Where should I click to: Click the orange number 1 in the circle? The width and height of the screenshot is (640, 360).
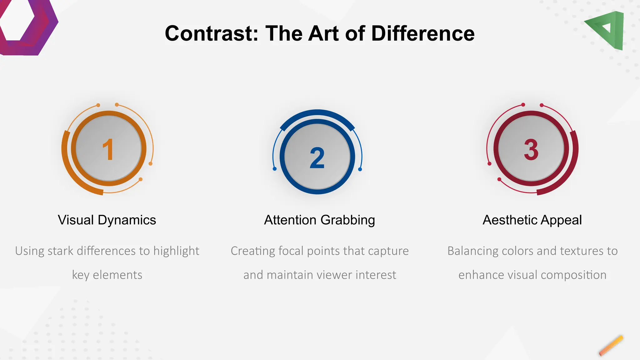pos(108,150)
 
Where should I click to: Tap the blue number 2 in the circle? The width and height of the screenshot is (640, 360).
pos(317,158)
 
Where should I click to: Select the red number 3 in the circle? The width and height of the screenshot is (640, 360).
pos(531,150)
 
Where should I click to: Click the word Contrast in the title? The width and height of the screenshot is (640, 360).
pos(212,33)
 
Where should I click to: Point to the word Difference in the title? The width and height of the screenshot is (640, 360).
pos(423,33)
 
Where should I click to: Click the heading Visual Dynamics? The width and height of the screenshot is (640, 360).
pos(107,220)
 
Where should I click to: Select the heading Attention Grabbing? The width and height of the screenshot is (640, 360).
pos(319,220)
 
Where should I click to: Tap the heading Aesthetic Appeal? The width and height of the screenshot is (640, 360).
pos(532,220)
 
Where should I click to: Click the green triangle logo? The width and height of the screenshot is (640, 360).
pos(608,30)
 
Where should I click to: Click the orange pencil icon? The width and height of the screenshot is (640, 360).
pos(611,346)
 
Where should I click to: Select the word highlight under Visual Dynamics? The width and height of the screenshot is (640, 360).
pos(176,251)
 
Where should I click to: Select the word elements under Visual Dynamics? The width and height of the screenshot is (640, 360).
pos(117,275)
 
